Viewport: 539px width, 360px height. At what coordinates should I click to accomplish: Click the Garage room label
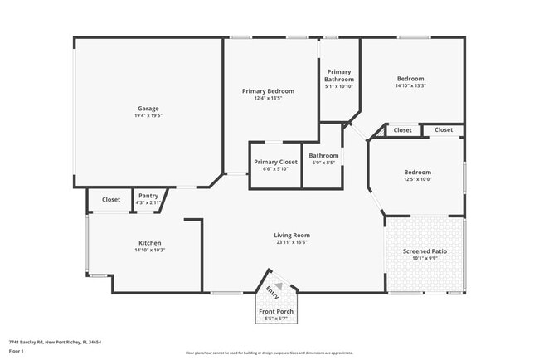[148, 108]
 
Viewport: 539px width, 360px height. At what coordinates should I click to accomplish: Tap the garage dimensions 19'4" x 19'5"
[148, 115]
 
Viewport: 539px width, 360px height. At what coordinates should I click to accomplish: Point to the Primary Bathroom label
[339, 75]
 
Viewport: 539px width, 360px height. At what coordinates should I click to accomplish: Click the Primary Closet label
[275, 162]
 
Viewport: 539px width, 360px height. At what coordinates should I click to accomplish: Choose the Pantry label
[148, 196]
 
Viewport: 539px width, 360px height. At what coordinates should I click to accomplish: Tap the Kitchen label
[149, 242]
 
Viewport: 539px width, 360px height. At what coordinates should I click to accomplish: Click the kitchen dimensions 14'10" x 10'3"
[149, 250]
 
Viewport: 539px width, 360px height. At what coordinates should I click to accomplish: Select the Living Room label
[292, 235]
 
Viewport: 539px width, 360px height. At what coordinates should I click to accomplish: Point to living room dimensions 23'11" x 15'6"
[292, 242]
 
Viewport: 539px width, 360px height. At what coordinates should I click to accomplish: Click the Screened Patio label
[425, 251]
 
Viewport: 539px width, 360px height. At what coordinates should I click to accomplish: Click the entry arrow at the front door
[279, 285]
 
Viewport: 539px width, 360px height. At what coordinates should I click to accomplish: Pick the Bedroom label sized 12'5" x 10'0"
[417, 172]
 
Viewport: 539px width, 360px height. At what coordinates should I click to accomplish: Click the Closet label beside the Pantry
[111, 199]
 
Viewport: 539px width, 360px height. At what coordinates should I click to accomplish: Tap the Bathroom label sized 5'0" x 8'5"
[323, 155]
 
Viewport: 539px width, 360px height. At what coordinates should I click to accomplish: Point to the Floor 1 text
[17, 351]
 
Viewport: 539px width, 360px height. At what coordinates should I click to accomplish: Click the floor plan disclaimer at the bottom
[269, 352]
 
